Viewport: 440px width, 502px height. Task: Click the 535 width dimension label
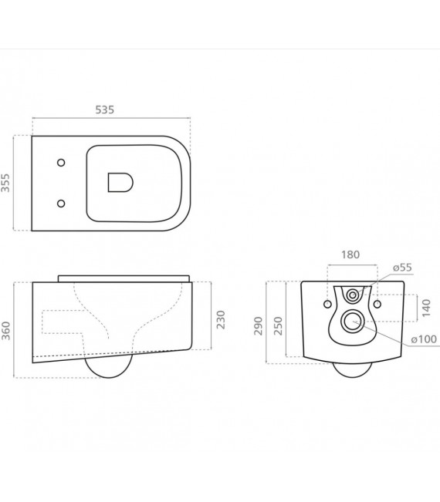coord(105,109)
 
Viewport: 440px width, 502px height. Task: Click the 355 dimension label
coord(5,183)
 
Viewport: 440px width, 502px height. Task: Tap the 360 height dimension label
coord(6,330)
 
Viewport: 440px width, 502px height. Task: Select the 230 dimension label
coord(221,319)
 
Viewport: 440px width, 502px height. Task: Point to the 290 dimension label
coord(259,326)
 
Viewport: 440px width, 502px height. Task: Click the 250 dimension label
coord(279,326)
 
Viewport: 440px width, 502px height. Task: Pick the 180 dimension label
coord(350,254)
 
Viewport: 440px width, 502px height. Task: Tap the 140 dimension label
coord(427,308)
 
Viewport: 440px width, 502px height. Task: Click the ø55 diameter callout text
coord(402,268)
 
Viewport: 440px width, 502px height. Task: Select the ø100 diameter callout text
coord(424,339)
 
